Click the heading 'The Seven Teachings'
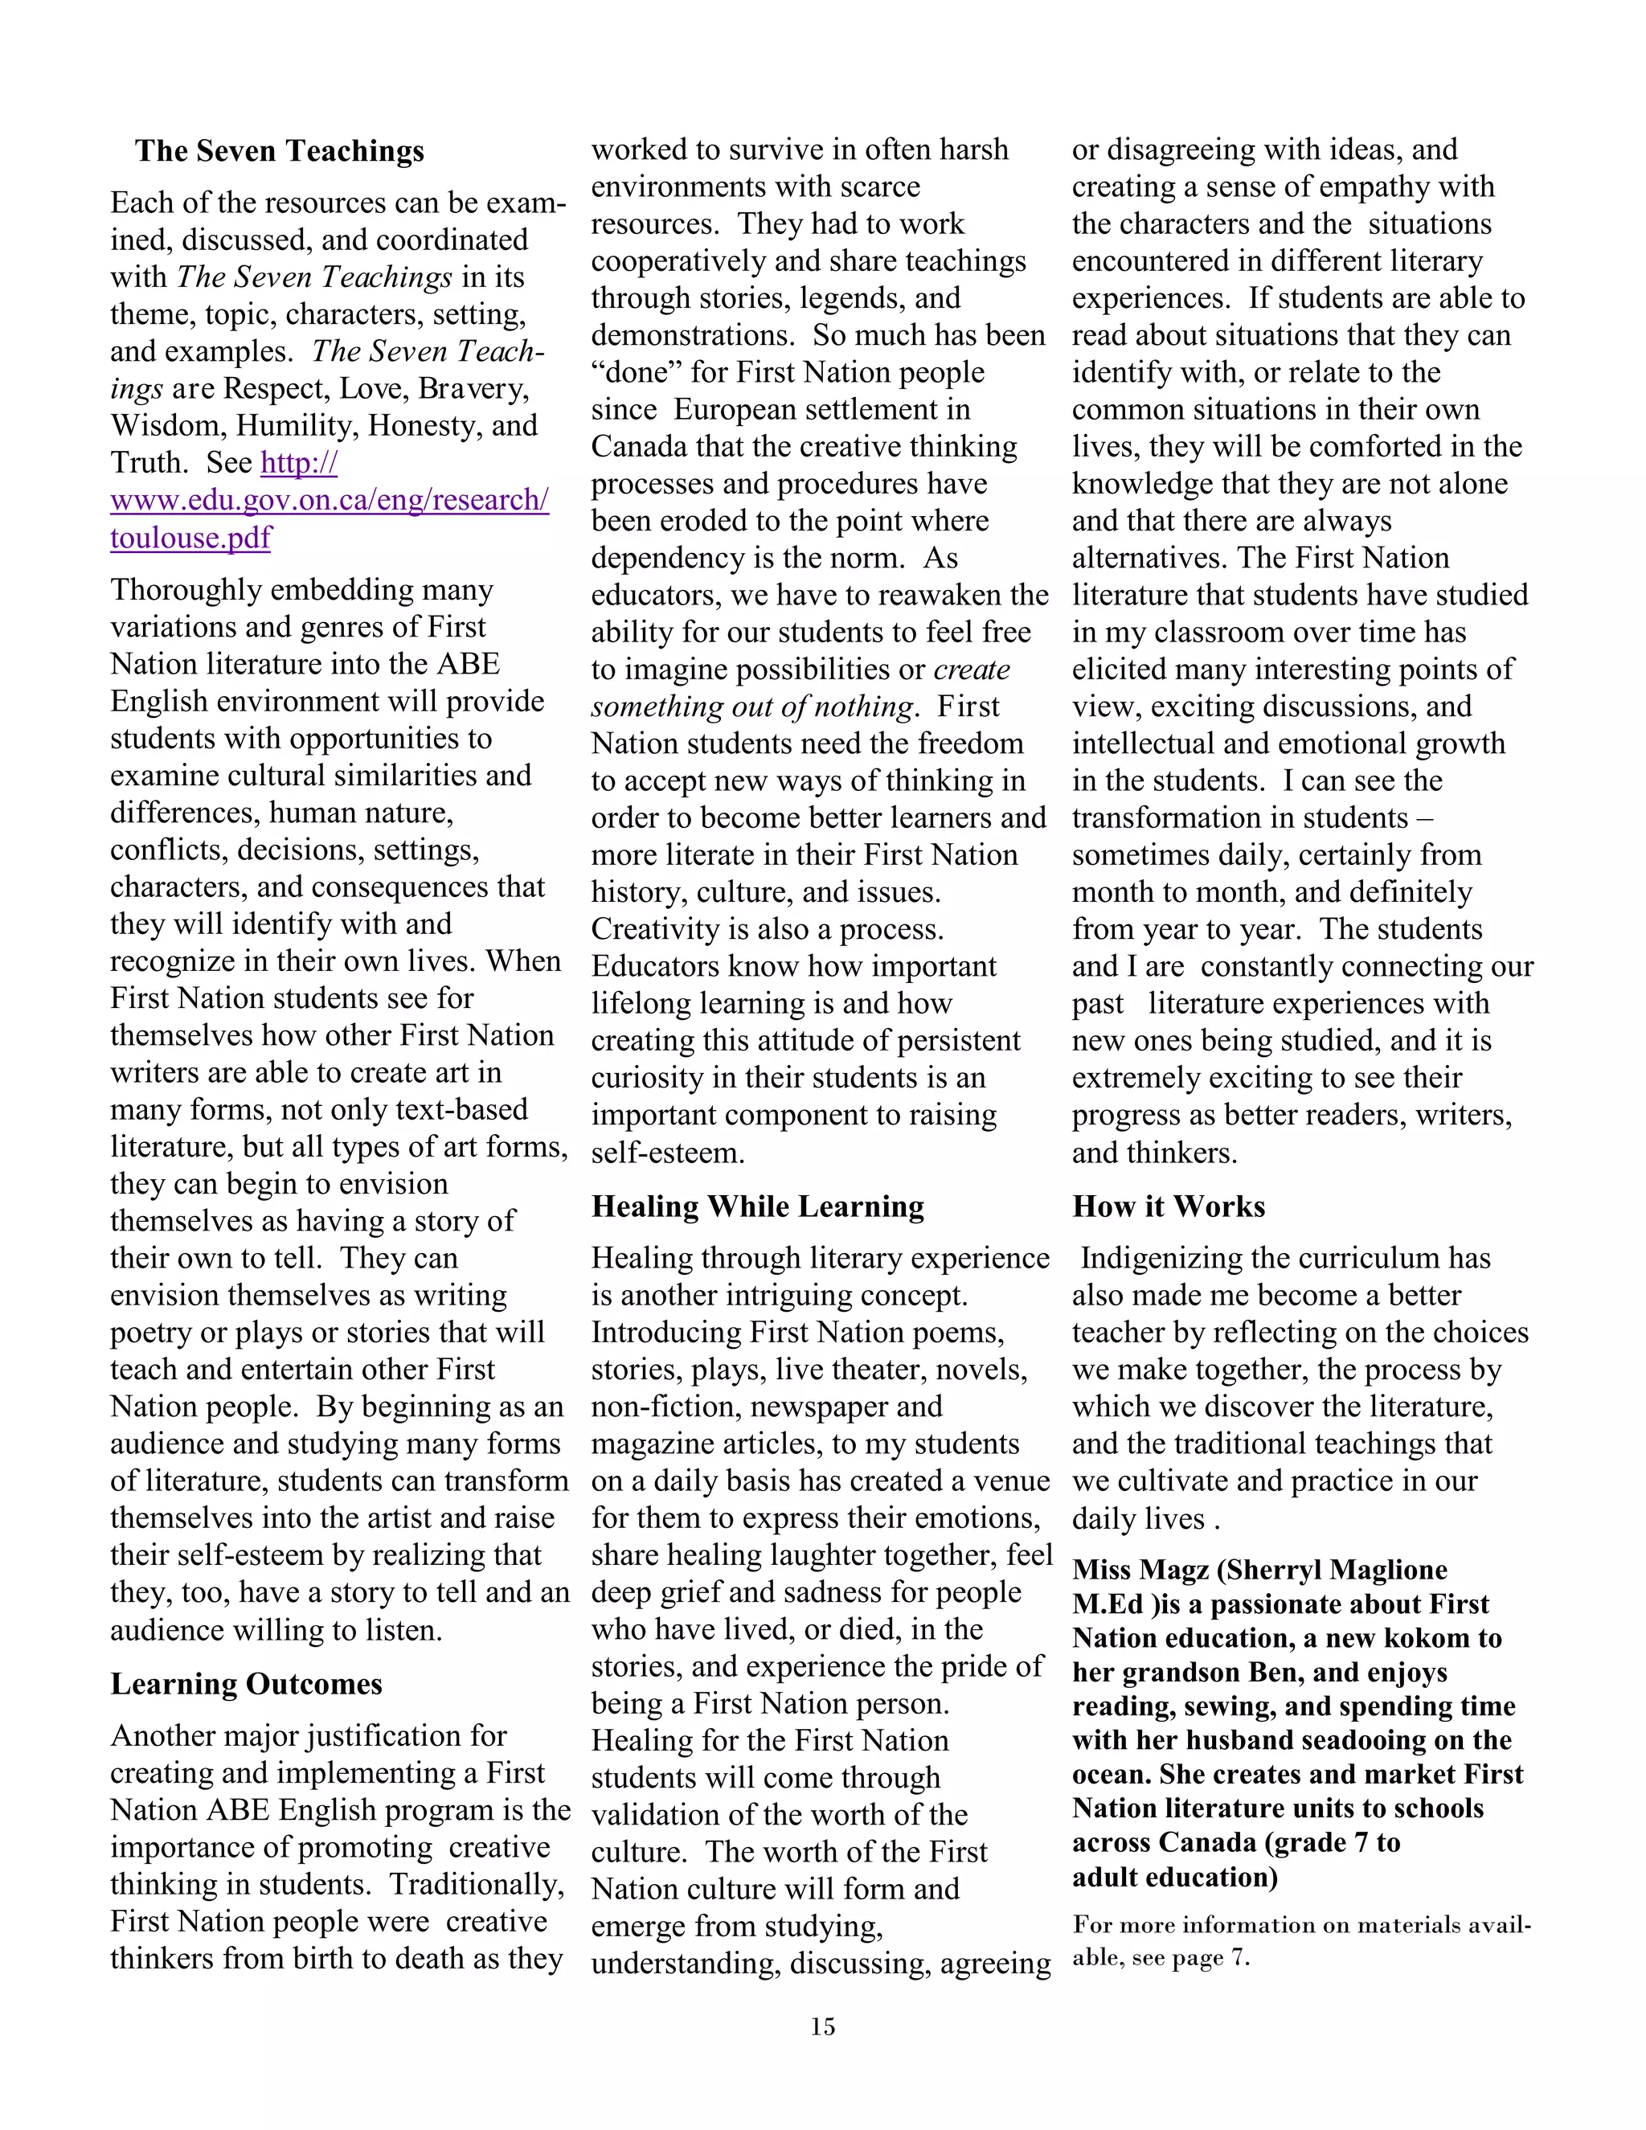click(279, 151)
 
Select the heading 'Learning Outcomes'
click(246, 1684)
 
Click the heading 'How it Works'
click(1168, 1206)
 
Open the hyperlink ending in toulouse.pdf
click(190, 538)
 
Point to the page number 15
click(822, 2026)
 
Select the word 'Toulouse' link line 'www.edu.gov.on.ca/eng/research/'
click(329, 500)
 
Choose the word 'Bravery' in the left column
click(473, 389)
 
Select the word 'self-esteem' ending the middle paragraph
click(667, 1153)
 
